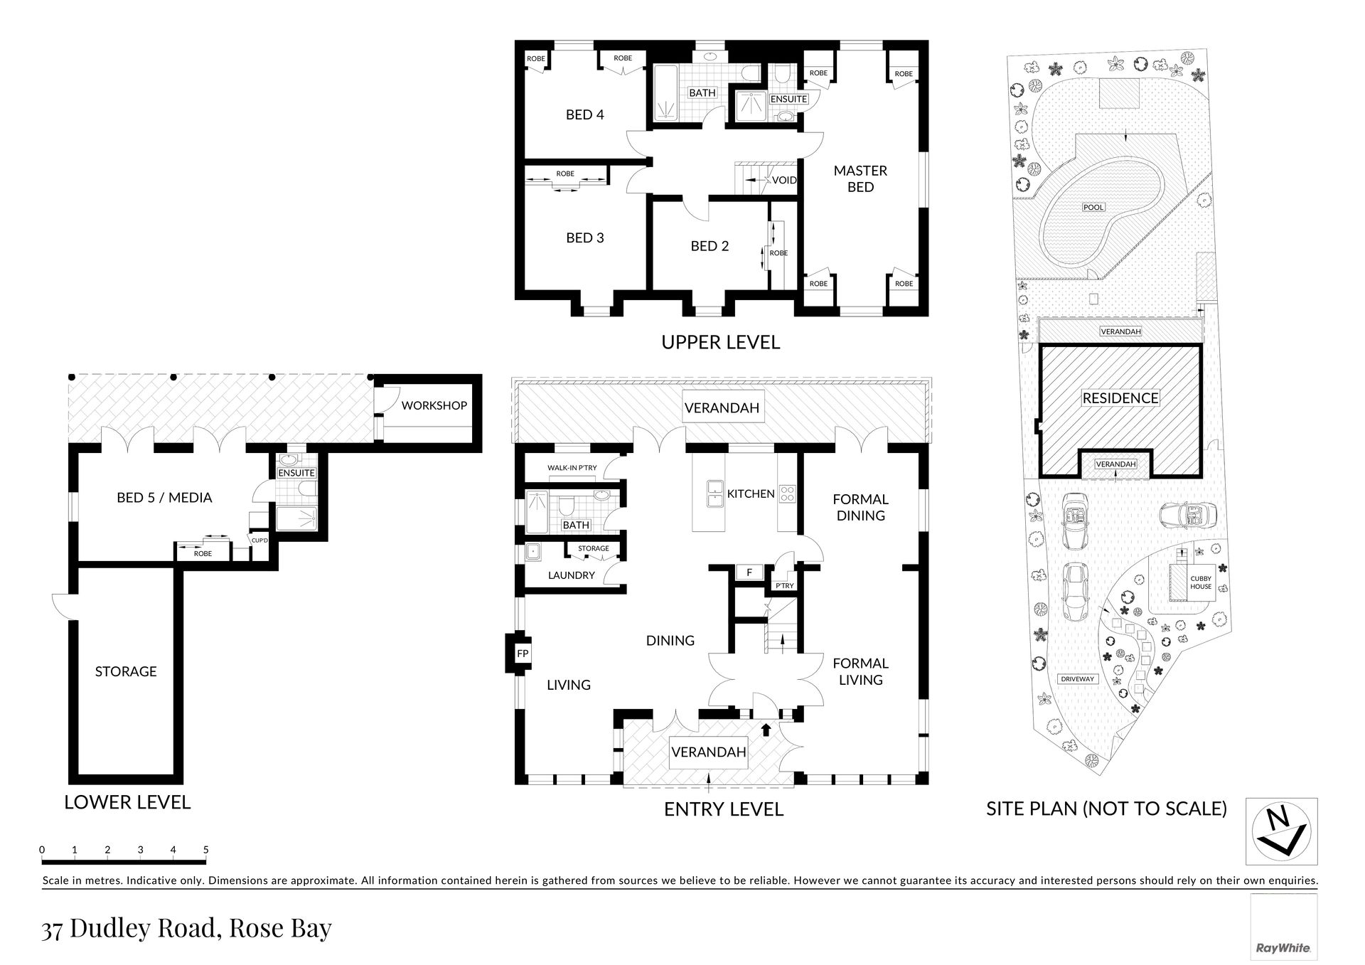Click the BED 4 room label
pyautogui.click(x=584, y=114)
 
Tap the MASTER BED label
pyautogui.click(x=860, y=178)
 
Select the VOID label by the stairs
pyautogui.click(x=784, y=180)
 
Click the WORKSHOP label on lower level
pyautogui.click(x=434, y=405)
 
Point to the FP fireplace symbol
pyautogui.click(x=523, y=654)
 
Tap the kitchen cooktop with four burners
pyautogui.click(x=788, y=494)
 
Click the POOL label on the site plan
pyautogui.click(x=1093, y=207)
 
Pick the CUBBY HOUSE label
pyautogui.click(x=1201, y=582)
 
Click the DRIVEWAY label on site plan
pyautogui.click(x=1078, y=679)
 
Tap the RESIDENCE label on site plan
pyautogui.click(x=1120, y=398)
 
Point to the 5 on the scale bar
pyautogui.click(x=206, y=849)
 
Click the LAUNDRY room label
pyautogui.click(x=572, y=575)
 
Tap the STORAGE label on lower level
pyautogui.click(x=126, y=671)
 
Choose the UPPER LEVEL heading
pyautogui.click(x=721, y=342)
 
